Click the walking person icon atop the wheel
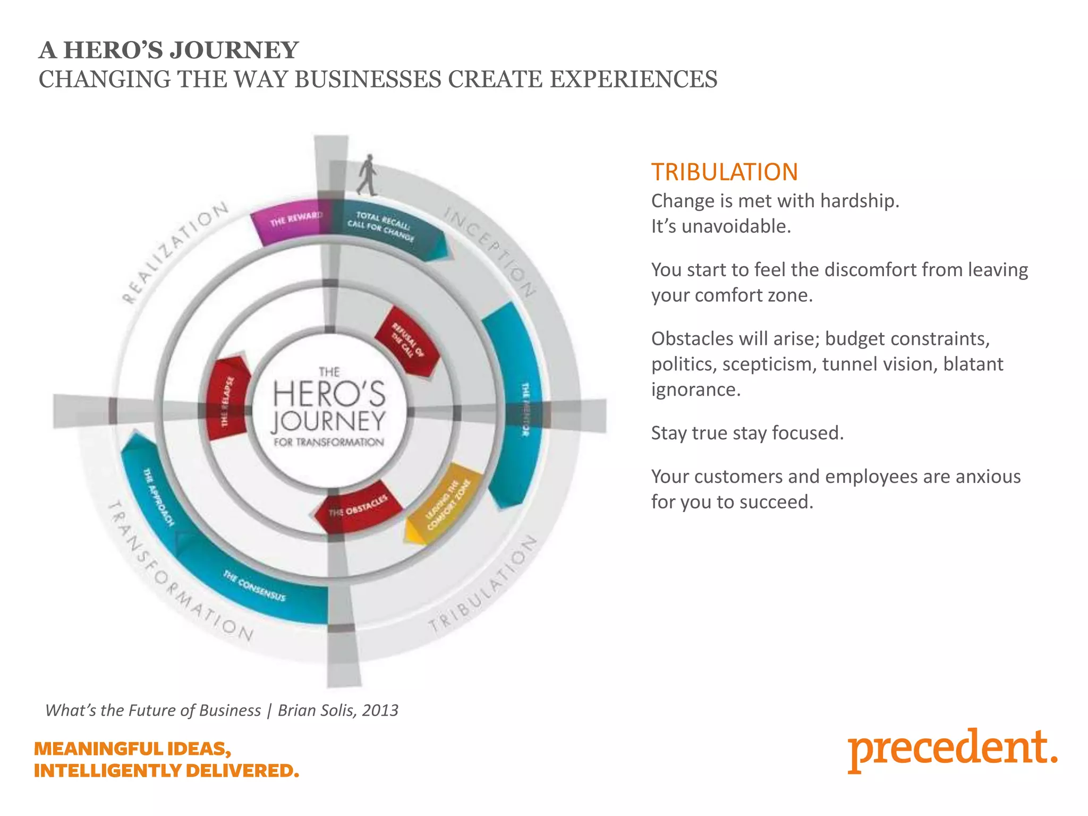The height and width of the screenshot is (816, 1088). [367, 175]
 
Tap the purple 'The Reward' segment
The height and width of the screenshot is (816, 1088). [290, 223]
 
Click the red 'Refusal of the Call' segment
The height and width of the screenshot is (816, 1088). [407, 341]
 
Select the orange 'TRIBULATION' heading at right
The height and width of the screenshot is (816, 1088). [725, 172]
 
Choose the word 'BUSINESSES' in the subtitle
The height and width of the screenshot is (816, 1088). [368, 80]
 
